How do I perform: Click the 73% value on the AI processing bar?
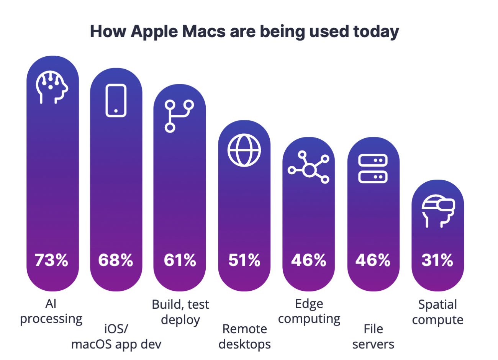(51, 260)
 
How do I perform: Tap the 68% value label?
(115, 260)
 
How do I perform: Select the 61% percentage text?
(180, 260)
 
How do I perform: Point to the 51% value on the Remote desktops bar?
(244, 260)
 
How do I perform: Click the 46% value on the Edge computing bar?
(308, 260)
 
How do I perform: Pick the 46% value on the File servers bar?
(373, 260)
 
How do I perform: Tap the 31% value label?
(437, 260)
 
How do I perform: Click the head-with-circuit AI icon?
(52, 87)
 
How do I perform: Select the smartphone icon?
(116, 100)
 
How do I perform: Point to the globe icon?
(244, 150)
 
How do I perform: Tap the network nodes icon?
(309, 167)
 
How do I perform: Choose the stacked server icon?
(373, 169)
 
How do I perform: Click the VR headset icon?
(438, 211)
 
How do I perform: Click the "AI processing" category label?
(51, 311)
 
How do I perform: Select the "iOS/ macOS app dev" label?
(116, 336)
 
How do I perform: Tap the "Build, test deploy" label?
(180, 312)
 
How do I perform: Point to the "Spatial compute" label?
(437, 312)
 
